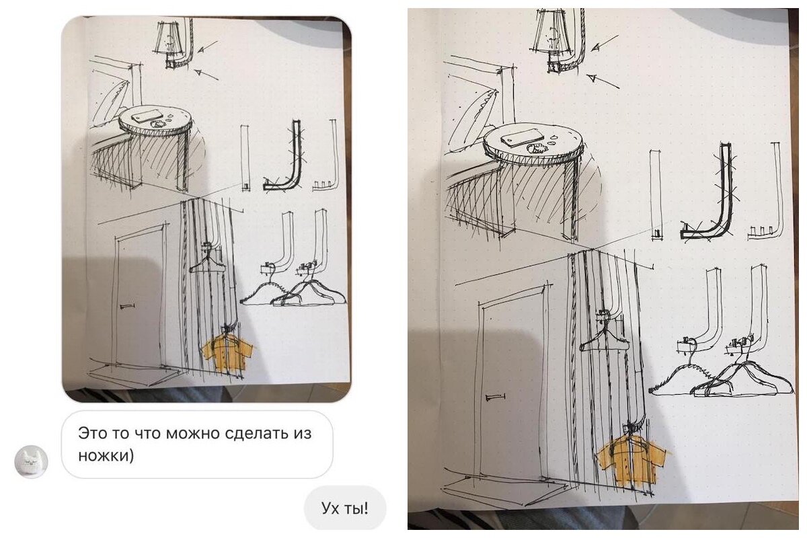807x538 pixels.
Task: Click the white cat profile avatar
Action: click(x=31, y=461)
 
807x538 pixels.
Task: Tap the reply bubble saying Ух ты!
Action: click(x=345, y=508)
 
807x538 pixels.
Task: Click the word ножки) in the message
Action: click(x=106, y=455)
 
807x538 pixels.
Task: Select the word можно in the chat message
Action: click(x=193, y=433)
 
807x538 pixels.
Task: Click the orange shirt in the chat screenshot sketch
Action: click(x=228, y=354)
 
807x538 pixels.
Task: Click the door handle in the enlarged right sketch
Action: click(x=495, y=397)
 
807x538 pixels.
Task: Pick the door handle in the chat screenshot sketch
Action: click(x=127, y=306)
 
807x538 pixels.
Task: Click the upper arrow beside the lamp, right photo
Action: click(x=605, y=43)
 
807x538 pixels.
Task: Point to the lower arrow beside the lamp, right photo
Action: click(x=603, y=81)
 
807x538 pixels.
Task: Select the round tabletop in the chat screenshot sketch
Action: click(x=155, y=123)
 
